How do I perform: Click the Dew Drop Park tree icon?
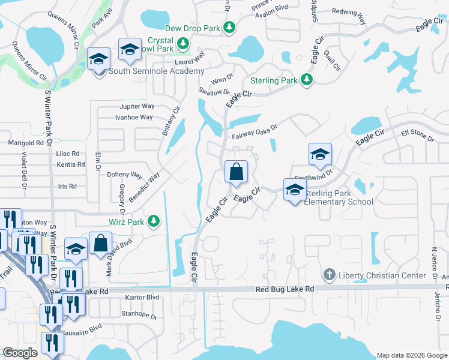coord(229,28)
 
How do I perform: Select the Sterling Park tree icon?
coord(306,80)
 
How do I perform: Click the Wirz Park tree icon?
coord(154,221)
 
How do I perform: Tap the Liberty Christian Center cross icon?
coord(329,275)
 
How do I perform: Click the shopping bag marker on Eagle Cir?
coord(237,172)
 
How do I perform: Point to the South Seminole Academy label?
coord(157,71)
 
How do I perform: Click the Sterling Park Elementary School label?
coord(339,197)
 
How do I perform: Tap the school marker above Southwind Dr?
coord(320,155)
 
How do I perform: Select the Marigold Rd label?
coord(26,143)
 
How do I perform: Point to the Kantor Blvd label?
coord(142,298)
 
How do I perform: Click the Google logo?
coord(20,353)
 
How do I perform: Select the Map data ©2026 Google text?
coord(412,355)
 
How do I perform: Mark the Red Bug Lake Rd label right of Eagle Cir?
coord(285,289)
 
